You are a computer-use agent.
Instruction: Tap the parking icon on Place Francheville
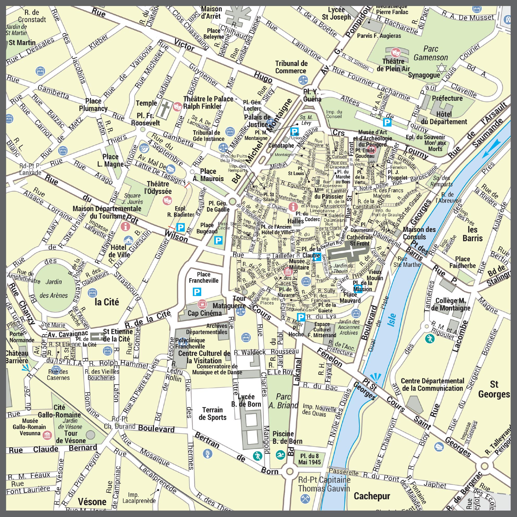[197, 292]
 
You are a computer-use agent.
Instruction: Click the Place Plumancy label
[93, 105]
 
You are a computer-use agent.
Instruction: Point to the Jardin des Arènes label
[53, 288]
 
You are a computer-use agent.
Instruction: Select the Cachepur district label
[372, 496]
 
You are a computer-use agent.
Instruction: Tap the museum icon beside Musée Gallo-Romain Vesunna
[47, 435]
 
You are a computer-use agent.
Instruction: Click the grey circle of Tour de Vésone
[90, 435]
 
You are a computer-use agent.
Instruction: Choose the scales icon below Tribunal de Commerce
[303, 79]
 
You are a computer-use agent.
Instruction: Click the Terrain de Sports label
[212, 414]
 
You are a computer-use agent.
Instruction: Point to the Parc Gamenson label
[430, 53]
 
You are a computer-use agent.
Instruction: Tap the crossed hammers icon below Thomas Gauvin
[305, 498]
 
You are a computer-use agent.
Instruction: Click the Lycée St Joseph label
[336, 13]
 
